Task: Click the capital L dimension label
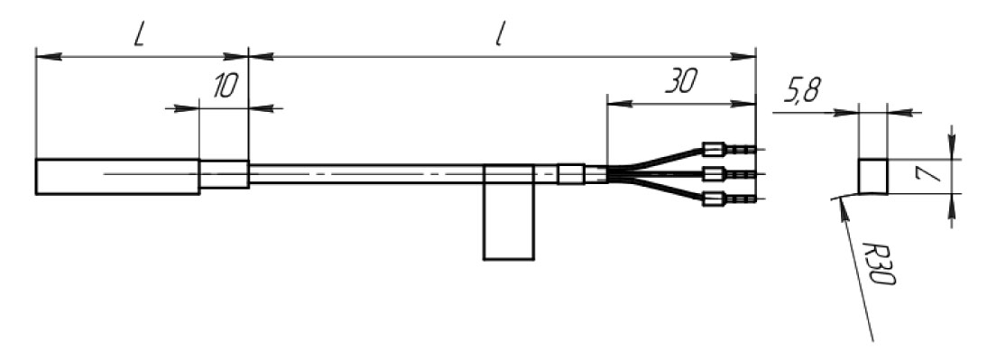139,37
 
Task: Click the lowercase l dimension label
498,37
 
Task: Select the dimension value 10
226,86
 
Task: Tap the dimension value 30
680,81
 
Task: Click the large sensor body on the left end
117,176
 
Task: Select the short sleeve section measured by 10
224,174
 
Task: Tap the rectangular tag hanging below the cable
508,212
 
